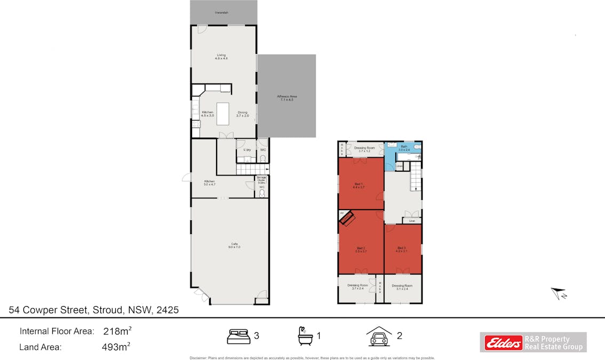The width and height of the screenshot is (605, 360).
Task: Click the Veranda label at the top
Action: click(221, 12)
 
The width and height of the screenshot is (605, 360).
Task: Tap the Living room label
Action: click(221, 56)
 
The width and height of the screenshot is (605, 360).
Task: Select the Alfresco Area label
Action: click(286, 98)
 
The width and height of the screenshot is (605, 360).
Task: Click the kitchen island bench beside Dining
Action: click(222, 114)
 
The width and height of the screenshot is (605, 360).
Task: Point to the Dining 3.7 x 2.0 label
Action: click(243, 114)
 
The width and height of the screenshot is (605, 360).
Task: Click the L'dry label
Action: click(247, 150)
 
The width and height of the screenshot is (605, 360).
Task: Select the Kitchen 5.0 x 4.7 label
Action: click(209, 182)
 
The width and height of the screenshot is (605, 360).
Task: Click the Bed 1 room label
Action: click(358, 185)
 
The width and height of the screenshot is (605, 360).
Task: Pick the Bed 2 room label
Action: click(360, 249)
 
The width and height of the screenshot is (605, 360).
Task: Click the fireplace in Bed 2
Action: click(347, 218)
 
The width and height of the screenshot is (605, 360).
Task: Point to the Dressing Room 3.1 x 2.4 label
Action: click(402, 287)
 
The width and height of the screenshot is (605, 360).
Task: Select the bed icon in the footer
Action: click(238, 337)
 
